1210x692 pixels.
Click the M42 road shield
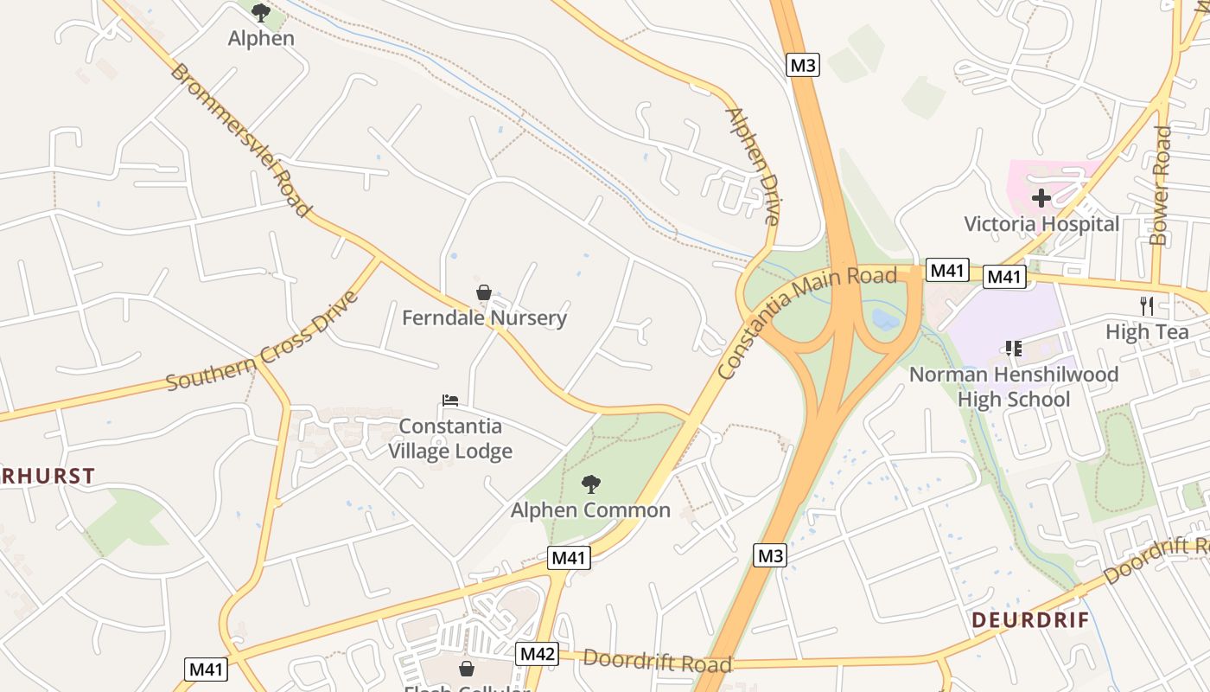pos(537,654)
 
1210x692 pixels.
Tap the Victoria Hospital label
pos(1041,224)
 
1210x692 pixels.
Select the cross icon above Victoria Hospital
pos(1041,198)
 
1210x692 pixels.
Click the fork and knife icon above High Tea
pos(1147,305)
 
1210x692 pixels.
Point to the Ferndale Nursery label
pos(484,317)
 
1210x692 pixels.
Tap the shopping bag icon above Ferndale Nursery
pos(484,292)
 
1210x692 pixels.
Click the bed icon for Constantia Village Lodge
pos(450,400)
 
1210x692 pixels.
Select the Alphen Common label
pos(590,509)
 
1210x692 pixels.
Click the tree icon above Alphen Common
pos(591,484)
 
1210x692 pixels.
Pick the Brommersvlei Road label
pos(240,139)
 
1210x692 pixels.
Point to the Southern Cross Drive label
pos(262,341)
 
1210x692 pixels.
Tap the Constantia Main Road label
pos(807,323)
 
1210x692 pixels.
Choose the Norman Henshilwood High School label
pos(1014,387)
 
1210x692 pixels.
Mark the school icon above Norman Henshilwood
pos(1014,349)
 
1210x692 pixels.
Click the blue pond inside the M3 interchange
pos(886,319)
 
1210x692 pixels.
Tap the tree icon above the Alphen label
pos(261,13)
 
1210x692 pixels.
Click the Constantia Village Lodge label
pos(449,439)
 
